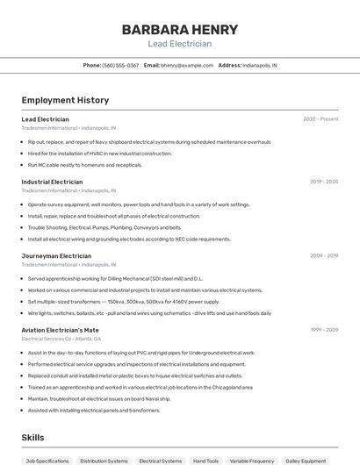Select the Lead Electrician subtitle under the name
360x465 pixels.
tap(179, 44)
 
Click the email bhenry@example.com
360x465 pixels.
tap(187, 65)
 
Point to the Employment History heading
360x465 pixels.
tap(65, 100)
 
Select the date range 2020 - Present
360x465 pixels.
tap(320, 118)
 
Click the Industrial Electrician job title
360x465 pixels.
tap(54, 182)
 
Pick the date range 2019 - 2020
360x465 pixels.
tap(324, 182)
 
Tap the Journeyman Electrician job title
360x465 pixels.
tap(56, 256)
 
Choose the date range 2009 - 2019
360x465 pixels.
tap(324, 256)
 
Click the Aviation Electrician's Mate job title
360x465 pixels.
tap(61, 330)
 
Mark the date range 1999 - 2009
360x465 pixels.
tap(324, 330)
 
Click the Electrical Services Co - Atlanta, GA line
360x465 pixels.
tap(61, 339)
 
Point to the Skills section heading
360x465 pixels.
tap(32, 437)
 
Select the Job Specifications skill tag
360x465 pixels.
tap(47, 461)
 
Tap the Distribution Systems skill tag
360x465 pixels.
tap(104, 461)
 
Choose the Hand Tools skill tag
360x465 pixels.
tap(205, 461)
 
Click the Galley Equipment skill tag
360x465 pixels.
tap(306, 461)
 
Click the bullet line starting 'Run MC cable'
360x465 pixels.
tap(84, 165)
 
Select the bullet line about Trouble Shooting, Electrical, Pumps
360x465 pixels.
tap(104, 227)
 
